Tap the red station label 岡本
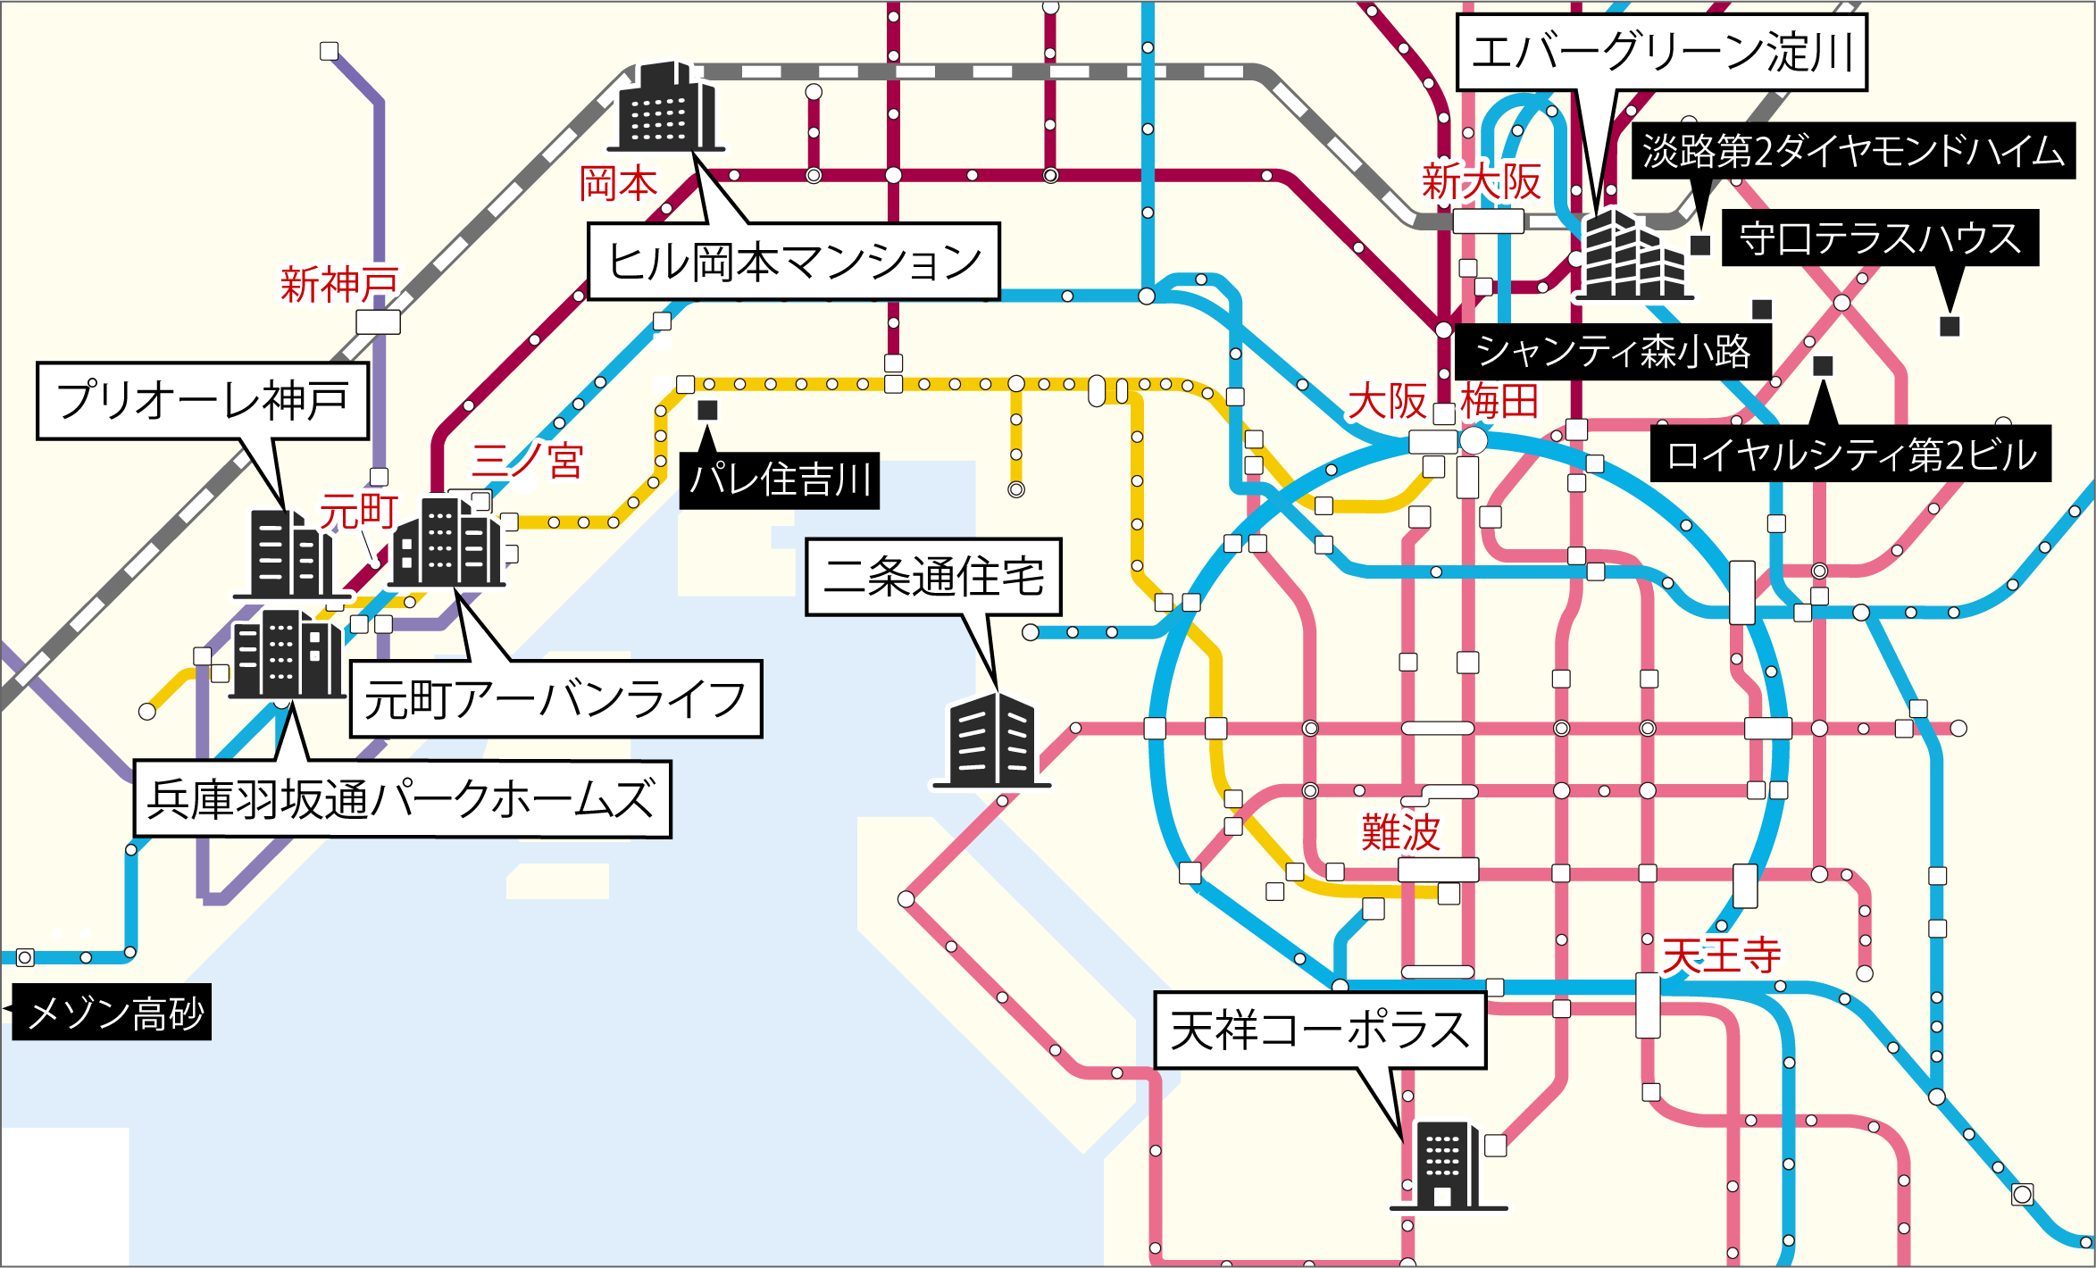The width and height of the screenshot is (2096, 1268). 618,184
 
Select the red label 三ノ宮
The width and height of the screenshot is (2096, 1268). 527,461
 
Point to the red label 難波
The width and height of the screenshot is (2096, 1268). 1400,832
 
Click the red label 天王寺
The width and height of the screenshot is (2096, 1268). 1721,955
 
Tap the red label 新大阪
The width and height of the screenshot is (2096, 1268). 1481,182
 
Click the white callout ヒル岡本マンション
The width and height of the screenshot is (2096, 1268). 793,262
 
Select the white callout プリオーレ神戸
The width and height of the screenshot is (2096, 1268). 203,401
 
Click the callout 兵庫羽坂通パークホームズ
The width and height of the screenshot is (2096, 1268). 402,799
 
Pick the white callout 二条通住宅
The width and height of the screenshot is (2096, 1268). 933,577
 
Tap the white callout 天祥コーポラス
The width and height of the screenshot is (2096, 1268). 1319,1030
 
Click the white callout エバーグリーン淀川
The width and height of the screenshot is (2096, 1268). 1661,52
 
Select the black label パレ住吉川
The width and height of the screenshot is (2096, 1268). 779,480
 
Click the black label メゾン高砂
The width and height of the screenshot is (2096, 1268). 114,1013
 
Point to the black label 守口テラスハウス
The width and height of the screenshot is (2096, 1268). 1880,238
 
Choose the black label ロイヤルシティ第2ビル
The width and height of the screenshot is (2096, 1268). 1850,455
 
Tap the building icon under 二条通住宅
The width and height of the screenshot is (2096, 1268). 992,741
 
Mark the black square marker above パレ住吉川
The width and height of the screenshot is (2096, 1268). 707,410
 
